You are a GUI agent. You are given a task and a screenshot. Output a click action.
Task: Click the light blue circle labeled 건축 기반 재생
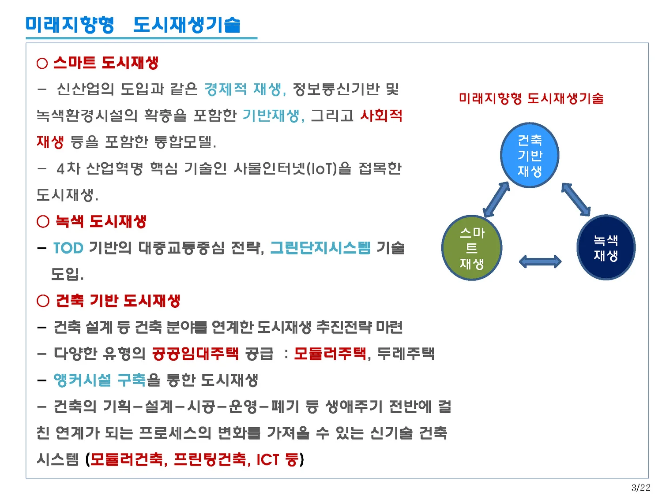click(x=530, y=155)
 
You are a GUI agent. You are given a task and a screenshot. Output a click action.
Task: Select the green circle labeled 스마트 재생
click(x=472, y=248)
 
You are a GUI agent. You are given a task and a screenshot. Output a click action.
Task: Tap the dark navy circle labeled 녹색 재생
click(x=606, y=248)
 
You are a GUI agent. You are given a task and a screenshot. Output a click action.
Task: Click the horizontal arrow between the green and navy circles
click(x=540, y=262)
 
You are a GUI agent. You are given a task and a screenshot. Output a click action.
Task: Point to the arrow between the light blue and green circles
click(x=496, y=199)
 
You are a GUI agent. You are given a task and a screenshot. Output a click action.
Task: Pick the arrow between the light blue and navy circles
click(x=576, y=199)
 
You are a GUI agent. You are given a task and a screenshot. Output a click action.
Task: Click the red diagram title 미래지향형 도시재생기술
click(x=531, y=98)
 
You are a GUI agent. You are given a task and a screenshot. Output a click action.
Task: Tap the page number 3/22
click(x=641, y=488)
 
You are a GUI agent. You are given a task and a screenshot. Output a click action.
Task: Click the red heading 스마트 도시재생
click(x=105, y=63)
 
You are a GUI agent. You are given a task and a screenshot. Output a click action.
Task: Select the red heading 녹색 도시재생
click(x=101, y=221)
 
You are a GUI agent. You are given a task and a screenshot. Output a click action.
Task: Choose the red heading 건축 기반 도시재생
click(x=118, y=301)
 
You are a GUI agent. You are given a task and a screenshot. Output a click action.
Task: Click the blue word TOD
click(x=68, y=248)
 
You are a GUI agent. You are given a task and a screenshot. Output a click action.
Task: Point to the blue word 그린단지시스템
click(x=320, y=248)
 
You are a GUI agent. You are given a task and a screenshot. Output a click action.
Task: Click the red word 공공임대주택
click(x=195, y=354)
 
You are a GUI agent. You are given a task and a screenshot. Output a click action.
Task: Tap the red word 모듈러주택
click(x=330, y=354)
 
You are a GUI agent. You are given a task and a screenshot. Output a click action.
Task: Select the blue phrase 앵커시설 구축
click(x=99, y=380)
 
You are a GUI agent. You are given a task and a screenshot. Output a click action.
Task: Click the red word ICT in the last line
click(x=268, y=459)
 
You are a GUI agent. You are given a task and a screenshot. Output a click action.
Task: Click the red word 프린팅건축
click(x=210, y=459)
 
